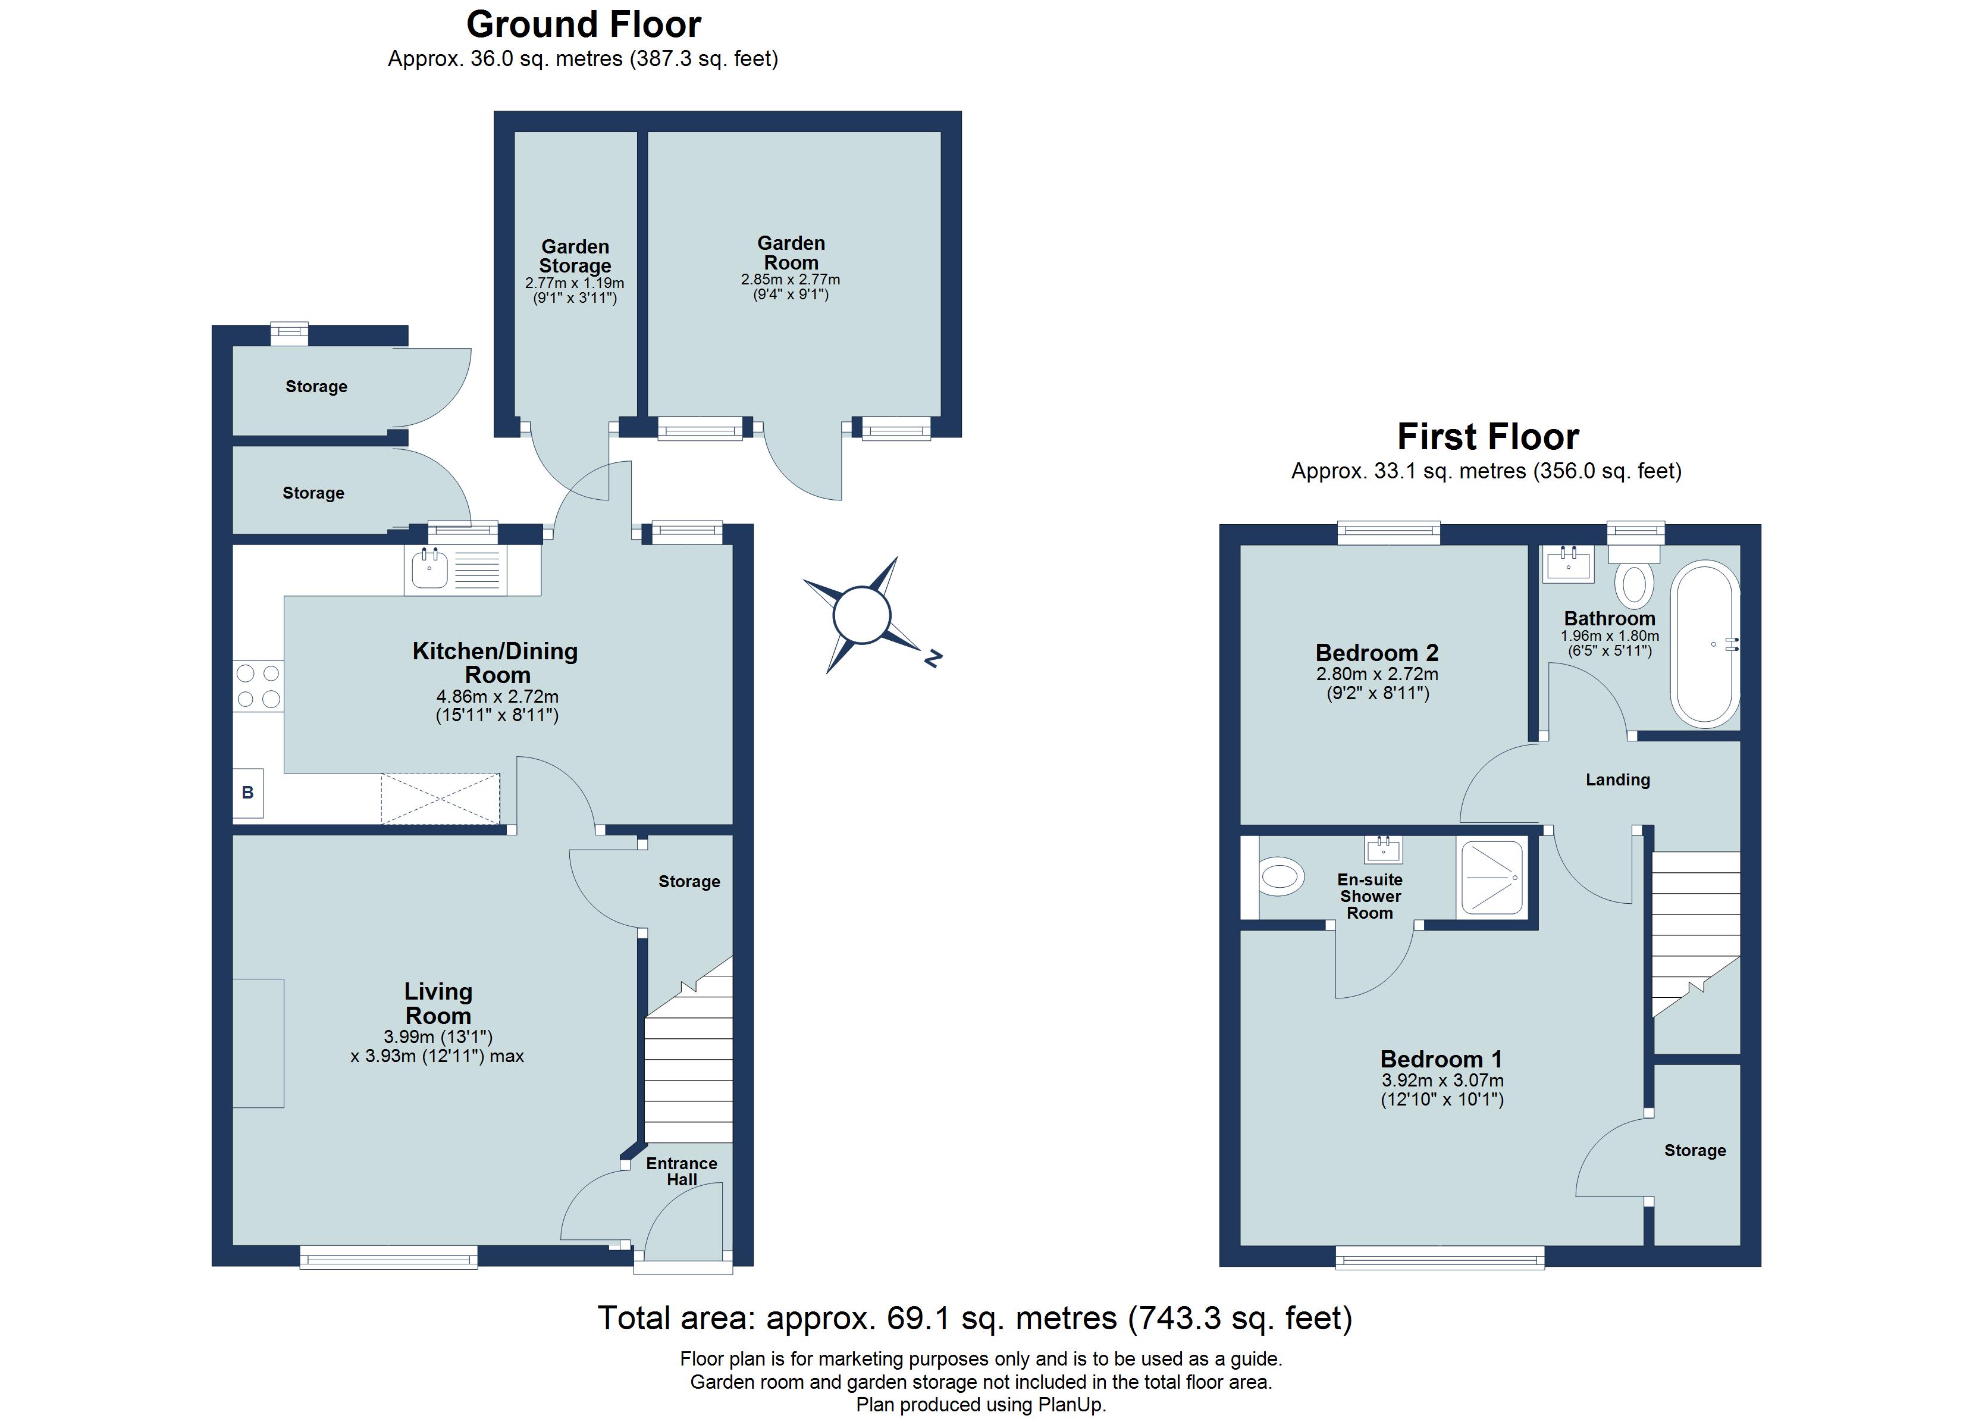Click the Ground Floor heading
[x=584, y=25]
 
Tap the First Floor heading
[x=1488, y=437]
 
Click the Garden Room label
[x=791, y=253]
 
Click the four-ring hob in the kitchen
[x=258, y=686]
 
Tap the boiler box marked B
[x=247, y=793]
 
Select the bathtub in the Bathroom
[x=1704, y=644]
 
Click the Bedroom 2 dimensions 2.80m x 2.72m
[x=1377, y=674]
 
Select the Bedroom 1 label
[x=1441, y=1059]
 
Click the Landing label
[x=1617, y=780]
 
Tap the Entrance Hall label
[x=682, y=1172]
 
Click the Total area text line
[x=974, y=1318]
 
